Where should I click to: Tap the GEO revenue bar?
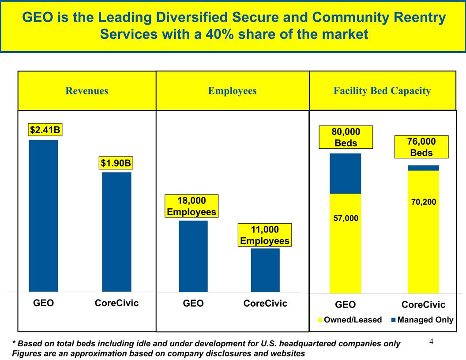pos(43,216)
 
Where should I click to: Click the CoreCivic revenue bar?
pos(116,232)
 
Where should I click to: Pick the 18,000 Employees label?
pos(191,206)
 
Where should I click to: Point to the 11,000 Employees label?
pos(264,235)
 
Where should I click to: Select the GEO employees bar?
pos(193,256)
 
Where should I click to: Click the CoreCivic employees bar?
pos(265,270)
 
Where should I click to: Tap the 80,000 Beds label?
pos(346,137)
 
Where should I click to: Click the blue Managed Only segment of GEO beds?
pos(345,173)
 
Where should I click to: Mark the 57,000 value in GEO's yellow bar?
pos(346,218)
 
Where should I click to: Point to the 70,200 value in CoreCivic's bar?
pos(423,202)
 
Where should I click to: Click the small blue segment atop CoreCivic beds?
pos(423,168)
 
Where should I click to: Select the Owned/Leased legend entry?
pos(349,320)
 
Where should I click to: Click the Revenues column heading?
pos(87,91)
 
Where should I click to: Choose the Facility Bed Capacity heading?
pos(382,91)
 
